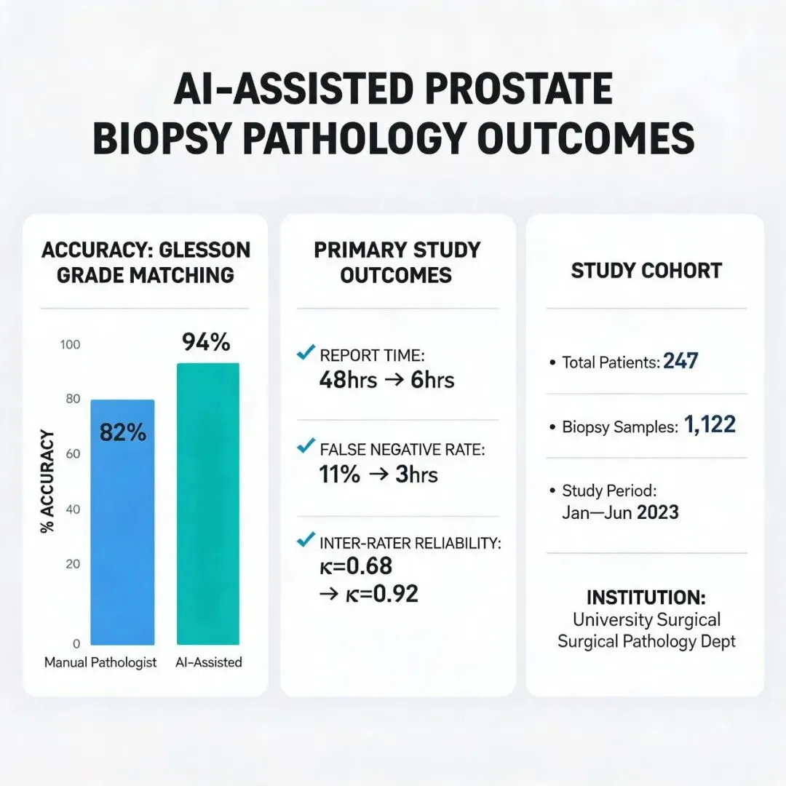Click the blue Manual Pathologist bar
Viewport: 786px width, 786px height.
coord(122,522)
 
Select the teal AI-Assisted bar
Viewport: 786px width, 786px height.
coord(208,504)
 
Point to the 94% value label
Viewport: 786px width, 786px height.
coord(206,342)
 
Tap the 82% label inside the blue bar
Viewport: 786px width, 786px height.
coord(123,432)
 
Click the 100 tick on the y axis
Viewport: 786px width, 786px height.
coord(70,344)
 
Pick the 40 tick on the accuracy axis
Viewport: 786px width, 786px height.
coord(73,509)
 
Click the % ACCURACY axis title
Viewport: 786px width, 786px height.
coord(47,481)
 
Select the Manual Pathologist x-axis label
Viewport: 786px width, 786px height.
coord(100,663)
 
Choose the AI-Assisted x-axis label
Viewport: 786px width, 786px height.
coord(209,662)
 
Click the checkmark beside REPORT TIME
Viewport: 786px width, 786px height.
coord(306,352)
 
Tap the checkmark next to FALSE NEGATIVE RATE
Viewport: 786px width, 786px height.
coord(306,445)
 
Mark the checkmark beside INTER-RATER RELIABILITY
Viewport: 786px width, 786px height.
coord(306,539)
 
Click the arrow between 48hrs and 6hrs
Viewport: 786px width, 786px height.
coord(394,380)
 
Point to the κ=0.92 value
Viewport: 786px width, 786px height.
coord(381,594)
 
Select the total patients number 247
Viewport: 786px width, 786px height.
coord(680,361)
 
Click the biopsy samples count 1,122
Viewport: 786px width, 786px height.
coord(710,424)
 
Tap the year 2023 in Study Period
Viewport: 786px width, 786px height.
coord(657,512)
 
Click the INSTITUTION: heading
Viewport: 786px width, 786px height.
coord(646,598)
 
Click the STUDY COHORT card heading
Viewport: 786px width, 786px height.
coord(646,271)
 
